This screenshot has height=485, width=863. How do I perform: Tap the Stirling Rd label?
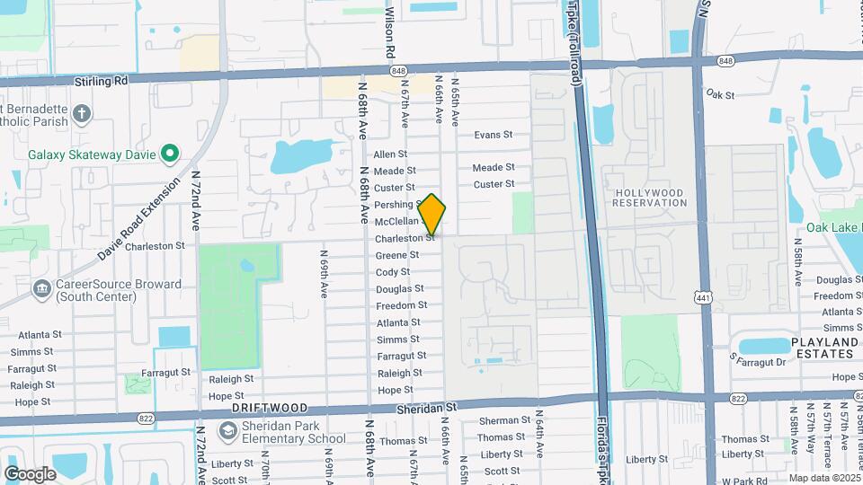[102, 81]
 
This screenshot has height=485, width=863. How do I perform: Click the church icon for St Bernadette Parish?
[82, 113]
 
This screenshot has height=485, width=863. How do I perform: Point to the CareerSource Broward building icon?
[40, 289]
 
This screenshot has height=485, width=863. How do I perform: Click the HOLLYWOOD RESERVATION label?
[649, 198]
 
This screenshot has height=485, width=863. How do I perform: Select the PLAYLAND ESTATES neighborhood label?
[824, 348]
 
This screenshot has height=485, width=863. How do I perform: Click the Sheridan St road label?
[427, 407]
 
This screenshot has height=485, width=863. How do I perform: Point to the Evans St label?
[493, 135]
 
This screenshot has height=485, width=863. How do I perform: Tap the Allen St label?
[390, 154]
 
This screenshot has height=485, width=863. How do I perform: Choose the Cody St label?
[393, 272]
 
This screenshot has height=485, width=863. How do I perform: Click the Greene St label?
[396, 255]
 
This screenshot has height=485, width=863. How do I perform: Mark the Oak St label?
[720, 93]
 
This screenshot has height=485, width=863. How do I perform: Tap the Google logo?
[30, 473]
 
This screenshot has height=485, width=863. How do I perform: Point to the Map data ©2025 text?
[821, 478]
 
